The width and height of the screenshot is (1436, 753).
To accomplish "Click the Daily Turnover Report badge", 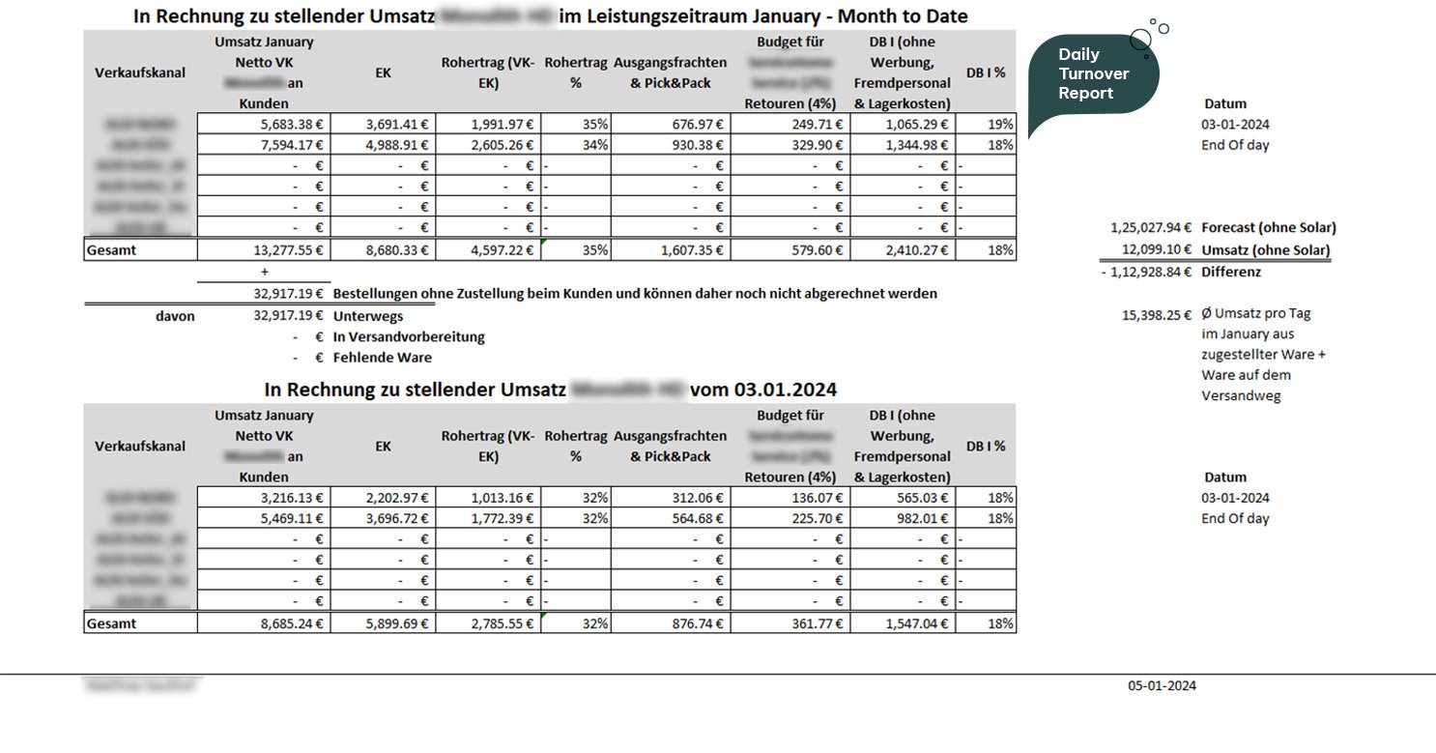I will (x=1093, y=74).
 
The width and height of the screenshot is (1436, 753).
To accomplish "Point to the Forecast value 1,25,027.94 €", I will (x=1150, y=228).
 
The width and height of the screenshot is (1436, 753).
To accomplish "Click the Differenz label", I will (x=1230, y=272).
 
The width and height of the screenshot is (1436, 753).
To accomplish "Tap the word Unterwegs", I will (x=367, y=316).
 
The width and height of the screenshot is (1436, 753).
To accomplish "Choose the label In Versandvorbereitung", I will (x=409, y=337).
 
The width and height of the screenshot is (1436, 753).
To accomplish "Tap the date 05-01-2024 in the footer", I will (x=1162, y=686).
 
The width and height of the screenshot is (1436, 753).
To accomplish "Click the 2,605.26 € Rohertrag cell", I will (x=503, y=145).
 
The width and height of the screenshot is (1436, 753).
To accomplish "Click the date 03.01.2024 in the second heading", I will (x=785, y=391).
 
